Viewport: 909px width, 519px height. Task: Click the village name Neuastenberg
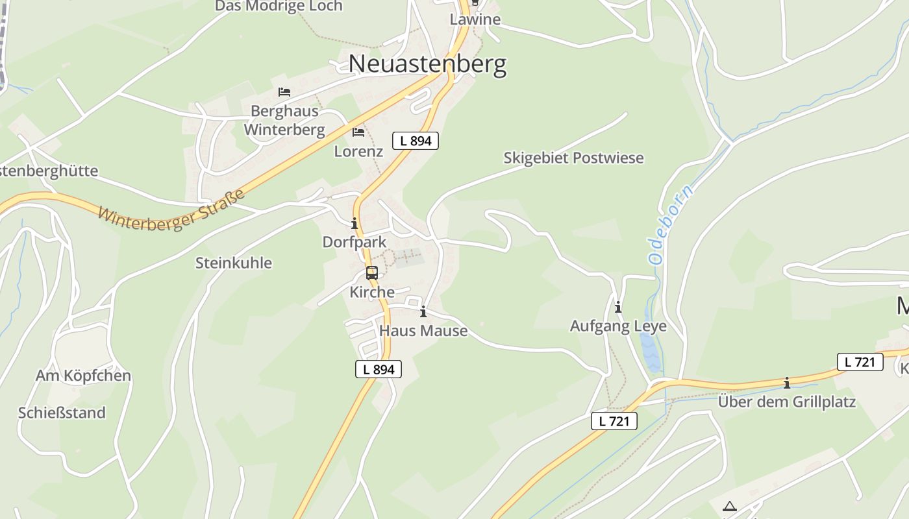[427, 64]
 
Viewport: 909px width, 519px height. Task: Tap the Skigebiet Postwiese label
[573, 158]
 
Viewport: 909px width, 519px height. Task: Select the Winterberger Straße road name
[172, 208]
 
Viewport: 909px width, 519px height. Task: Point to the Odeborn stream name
[671, 224]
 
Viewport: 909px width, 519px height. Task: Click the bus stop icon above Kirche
[372, 273]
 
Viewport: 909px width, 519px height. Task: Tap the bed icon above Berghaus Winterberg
[284, 92]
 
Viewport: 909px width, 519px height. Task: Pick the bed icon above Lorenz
[358, 132]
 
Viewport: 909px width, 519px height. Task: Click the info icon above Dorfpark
[355, 224]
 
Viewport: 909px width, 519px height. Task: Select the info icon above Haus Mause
[423, 312]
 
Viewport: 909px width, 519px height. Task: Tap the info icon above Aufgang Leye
[618, 307]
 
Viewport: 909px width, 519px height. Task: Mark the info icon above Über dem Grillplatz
[787, 383]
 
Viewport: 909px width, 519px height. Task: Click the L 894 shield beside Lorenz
[416, 141]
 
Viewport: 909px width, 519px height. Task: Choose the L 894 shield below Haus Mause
[379, 370]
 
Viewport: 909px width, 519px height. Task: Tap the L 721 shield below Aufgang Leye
[614, 422]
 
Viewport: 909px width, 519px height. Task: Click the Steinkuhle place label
[234, 263]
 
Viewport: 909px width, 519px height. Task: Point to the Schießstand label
[62, 413]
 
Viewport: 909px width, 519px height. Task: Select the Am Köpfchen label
[83, 376]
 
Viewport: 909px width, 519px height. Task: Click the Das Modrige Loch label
[279, 6]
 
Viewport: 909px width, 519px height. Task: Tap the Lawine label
[475, 19]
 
